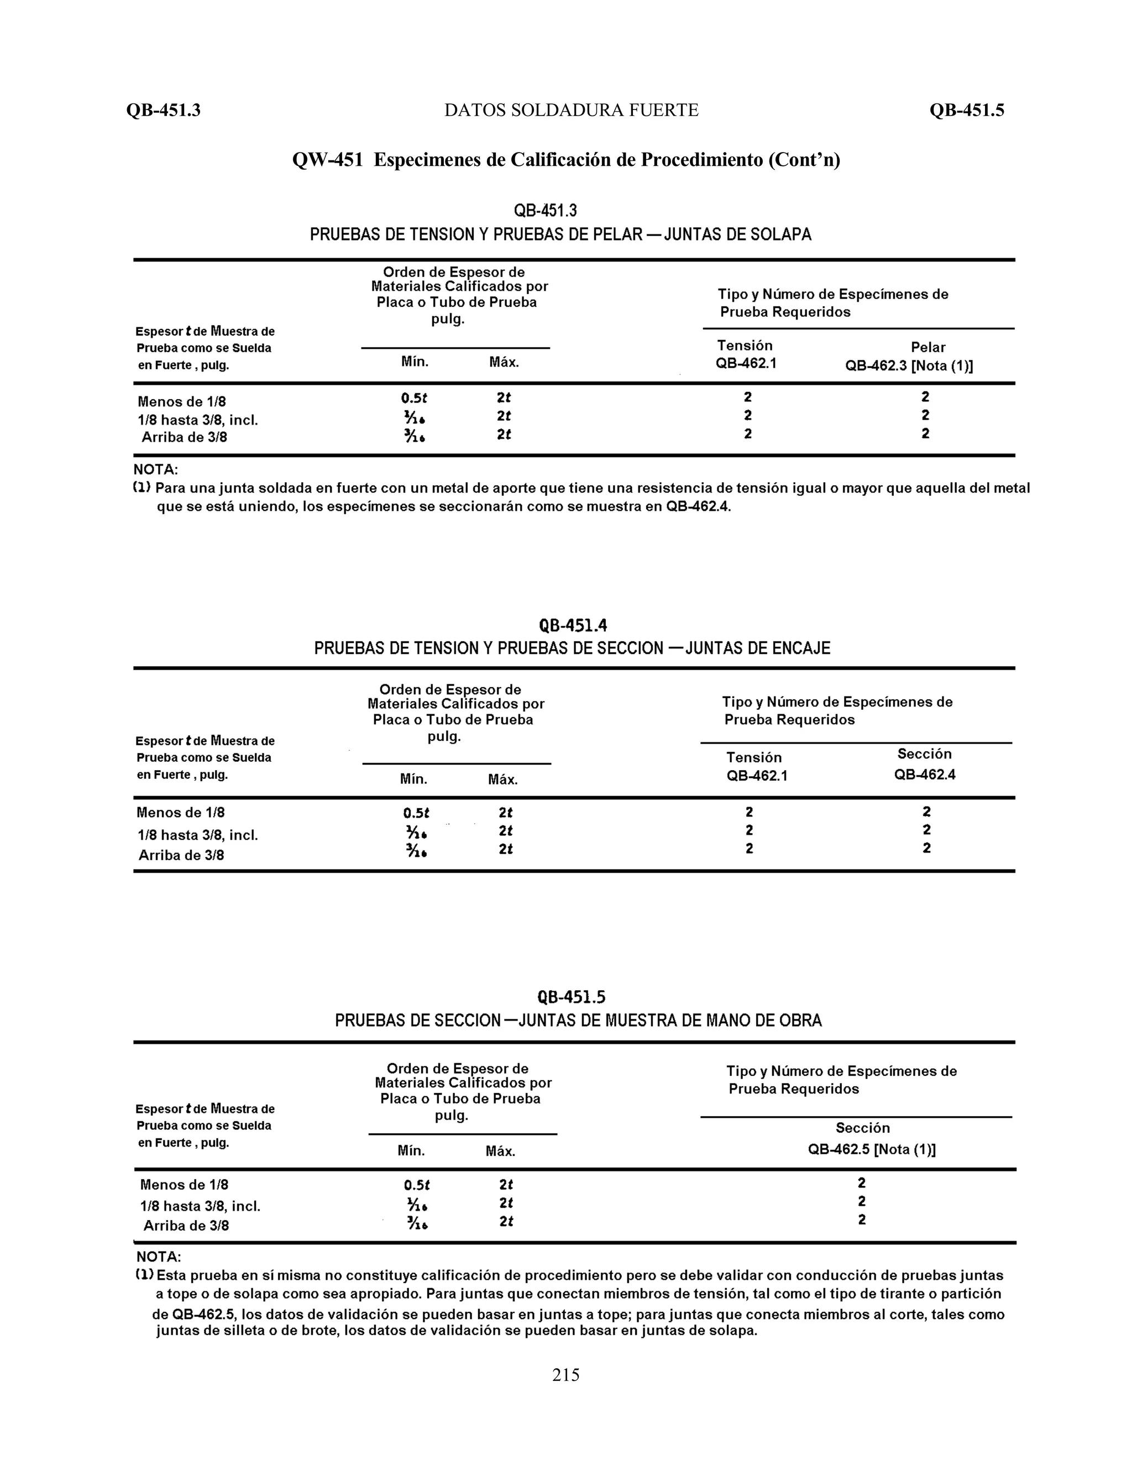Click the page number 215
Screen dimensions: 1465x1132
(x=565, y=1375)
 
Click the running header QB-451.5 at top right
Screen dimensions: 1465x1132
(x=966, y=111)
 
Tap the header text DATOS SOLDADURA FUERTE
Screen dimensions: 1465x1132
(x=572, y=111)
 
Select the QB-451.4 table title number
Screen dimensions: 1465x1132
(x=573, y=626)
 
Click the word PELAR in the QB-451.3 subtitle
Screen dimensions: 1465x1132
(x=617, y=235)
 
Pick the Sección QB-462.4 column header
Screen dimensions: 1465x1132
(x=924, y=764)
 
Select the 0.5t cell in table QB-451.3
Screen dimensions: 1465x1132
(x=415, y=398)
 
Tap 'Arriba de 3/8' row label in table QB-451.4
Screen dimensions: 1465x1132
(x=181, y=855)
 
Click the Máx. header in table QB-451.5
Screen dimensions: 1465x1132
(x=500, y=1152)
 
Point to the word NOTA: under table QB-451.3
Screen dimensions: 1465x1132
(x=155, y=469)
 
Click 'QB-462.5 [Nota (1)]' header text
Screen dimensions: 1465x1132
(x=871, y=1149)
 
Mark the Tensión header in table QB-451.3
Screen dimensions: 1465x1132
(x=745, y=346)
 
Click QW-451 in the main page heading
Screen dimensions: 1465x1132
(x=327, y=160)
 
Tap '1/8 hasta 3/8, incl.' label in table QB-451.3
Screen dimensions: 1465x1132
(x=197, y=421)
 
